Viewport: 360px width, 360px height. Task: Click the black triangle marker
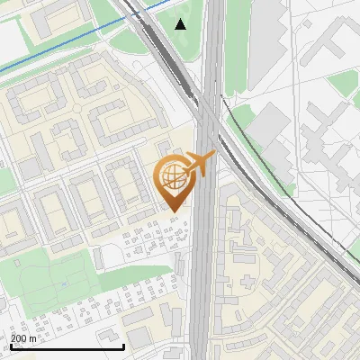181,24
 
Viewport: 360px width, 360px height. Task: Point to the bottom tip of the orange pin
175,212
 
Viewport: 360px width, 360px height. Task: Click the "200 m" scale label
24,338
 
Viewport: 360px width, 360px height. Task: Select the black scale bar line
67,346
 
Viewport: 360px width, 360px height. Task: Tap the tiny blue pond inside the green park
65,283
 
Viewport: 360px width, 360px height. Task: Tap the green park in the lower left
45,279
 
